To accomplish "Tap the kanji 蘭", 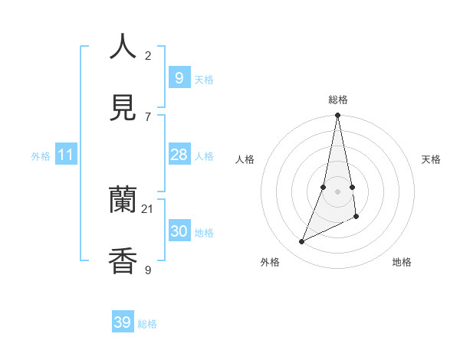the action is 123,201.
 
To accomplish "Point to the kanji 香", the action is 123,261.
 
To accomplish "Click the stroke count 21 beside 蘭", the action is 148,208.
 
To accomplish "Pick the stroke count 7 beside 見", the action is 148,116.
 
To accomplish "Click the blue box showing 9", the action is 179,77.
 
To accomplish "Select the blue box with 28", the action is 179,155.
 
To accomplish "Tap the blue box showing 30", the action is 179,231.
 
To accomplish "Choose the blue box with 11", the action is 66,155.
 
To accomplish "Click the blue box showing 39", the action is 123,322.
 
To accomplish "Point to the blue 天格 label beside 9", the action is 204,80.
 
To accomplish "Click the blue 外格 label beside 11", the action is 41,156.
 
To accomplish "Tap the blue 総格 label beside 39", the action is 147,324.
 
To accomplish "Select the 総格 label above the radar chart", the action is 338,100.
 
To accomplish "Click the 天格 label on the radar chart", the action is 432,159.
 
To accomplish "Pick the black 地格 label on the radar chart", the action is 402,262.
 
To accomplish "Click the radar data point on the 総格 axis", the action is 337,116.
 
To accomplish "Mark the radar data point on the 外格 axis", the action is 302,242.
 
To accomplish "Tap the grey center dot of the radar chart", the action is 337,191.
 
